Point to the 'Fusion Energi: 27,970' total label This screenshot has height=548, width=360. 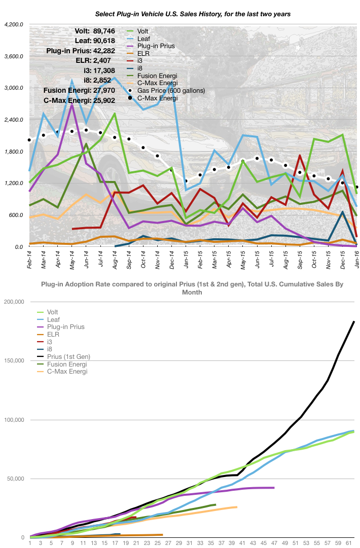pyautogui.click(x=79, y=90)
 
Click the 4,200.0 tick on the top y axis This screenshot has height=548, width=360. pyautogui.click(x=14, y=24)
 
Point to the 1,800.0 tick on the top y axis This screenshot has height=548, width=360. pyautogui.click(x=14, y=152)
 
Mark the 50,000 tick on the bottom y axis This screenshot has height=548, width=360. pyautogui.click(x=15, y=479)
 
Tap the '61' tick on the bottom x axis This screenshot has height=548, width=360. pyautogui.click(x=348, y=543)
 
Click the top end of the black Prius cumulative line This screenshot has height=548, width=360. pyautogui.click(x=354, y=321)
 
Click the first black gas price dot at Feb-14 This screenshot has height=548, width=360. pyautogui.click(x=29, y=140)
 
